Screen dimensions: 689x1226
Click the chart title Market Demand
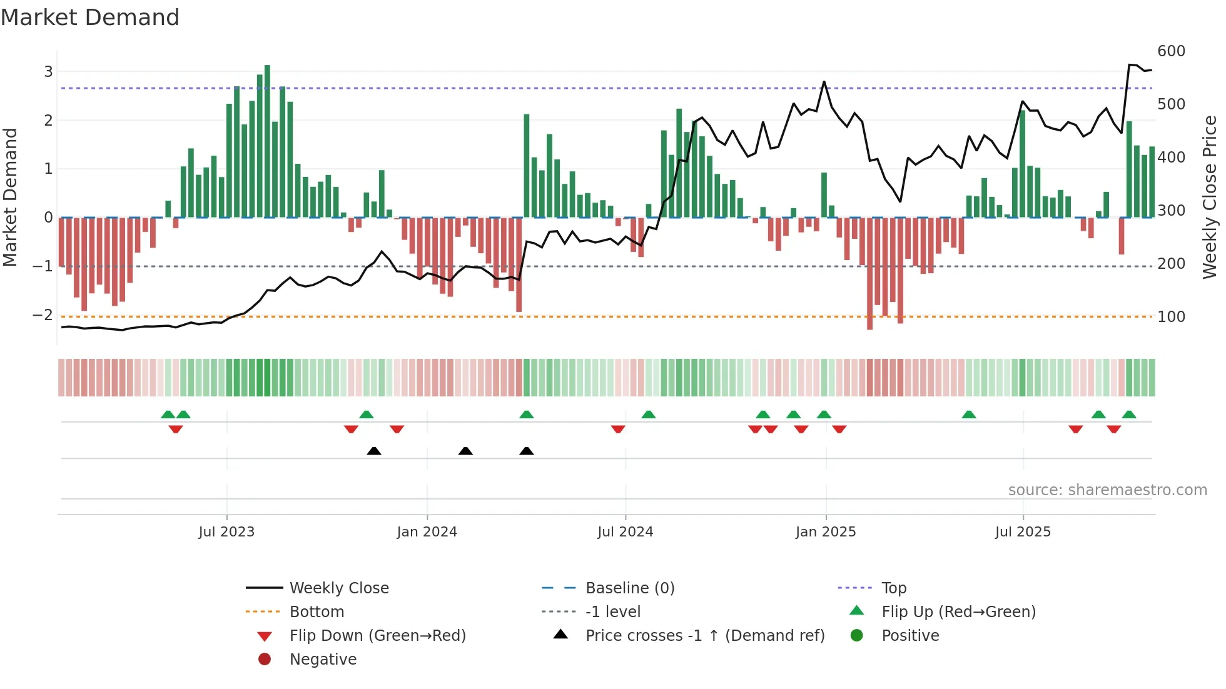[90, 18]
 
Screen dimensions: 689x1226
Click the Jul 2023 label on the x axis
[226, 532]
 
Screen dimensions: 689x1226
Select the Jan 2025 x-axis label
[826, 532]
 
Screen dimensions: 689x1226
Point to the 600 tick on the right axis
[1171, 51]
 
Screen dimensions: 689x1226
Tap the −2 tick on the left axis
[43, 315]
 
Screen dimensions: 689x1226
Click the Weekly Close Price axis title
[1210, 197]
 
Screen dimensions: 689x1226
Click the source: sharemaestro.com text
[1107, 490]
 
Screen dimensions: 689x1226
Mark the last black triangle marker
[527, 451]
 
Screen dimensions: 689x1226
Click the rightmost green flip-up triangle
[1129, 415]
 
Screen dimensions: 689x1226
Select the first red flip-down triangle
[176, 429]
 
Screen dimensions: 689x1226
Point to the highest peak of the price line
[1130, 64]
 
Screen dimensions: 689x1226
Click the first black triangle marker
[374, 451]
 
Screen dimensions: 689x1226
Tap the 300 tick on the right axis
[1171, 211]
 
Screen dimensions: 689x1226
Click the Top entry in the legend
[893, 588]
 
